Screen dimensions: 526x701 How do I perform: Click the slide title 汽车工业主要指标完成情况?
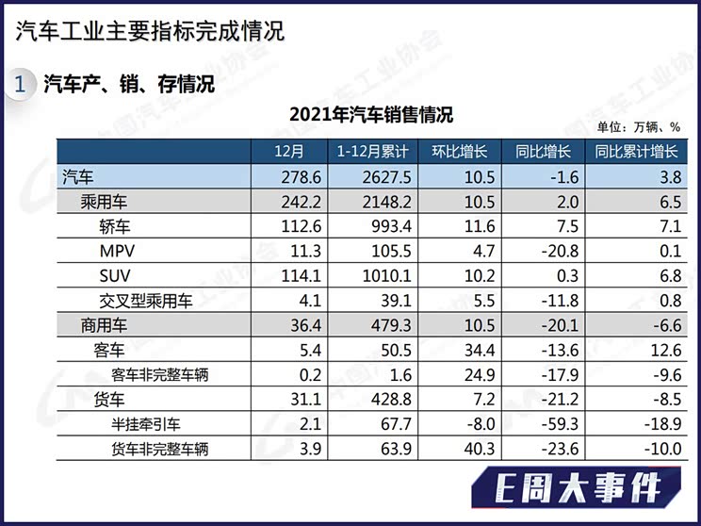150,30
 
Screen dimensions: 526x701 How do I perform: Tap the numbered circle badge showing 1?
20,84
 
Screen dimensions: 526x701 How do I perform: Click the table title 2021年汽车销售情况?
370,115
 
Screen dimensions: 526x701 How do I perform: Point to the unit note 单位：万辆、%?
638,128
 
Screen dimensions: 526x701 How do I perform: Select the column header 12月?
288,152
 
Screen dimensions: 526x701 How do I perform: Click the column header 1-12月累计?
371,152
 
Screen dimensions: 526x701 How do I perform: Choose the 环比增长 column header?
459,152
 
